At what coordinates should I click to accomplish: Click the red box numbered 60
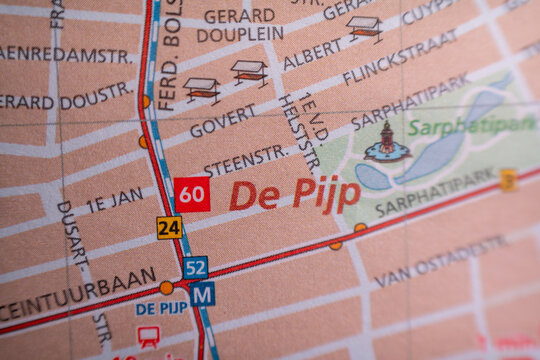click(x=192, y=194)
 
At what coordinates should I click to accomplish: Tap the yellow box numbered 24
click(x=169, y=228)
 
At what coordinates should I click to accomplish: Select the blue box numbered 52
click(x=195, y=267)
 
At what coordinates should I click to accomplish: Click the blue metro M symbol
click(x=202, y=294)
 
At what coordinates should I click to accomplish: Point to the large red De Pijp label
click(x=294, y=194)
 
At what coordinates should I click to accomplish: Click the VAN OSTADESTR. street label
click(x=441, y=261)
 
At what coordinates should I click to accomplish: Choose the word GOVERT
click(x=223, y=122)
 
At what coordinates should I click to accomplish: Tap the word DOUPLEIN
click(x=240, y=34)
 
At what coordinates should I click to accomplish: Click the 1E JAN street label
click(x=115, y=200)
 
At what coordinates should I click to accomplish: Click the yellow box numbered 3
click(x=508, y=180)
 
